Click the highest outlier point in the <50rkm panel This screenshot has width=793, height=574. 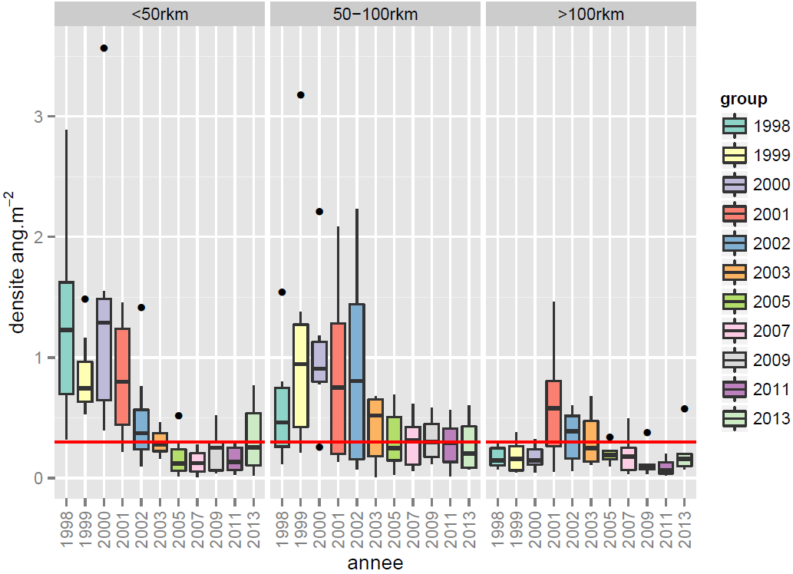pos(104,48)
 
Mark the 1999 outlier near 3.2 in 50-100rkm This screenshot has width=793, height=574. pos(301,95)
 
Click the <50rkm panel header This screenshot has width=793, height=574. pos(160,15)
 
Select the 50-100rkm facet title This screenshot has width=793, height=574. pos(375,15)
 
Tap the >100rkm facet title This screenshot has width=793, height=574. pos(591,15)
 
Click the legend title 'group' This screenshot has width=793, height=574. pos(744,99)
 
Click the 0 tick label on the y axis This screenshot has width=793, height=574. pos(42,478)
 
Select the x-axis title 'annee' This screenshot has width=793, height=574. pos(375,563)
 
